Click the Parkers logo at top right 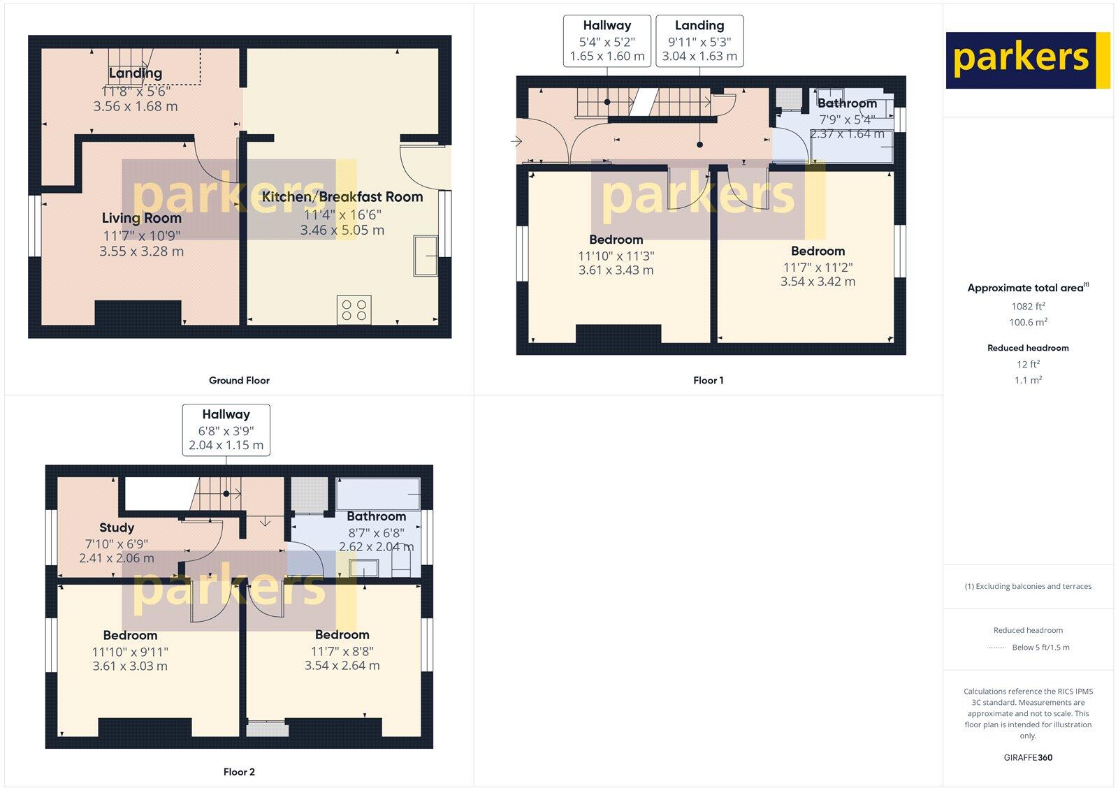coord(1027,60)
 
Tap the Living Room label coord(141,218)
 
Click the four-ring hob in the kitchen coord(354,309)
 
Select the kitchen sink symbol coord(426,256)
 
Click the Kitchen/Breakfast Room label coord(342,197)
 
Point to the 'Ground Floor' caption coord(239,381)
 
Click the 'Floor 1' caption coord(708,381)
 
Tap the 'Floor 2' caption coord(239,772)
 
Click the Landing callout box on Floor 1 coord(699,41)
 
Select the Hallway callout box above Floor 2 coord(226,430)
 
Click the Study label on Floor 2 coord(117,528)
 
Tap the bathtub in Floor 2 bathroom coord(378,495)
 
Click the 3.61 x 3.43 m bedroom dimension coord(616,270)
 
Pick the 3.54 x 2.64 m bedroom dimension coord(342,666)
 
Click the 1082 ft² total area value coord(1028,307)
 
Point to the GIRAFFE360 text coord(1028,757)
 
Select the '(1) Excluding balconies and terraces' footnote coord(1028,587)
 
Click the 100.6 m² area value coord(1028,323)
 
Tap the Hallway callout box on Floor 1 coord(607,41)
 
